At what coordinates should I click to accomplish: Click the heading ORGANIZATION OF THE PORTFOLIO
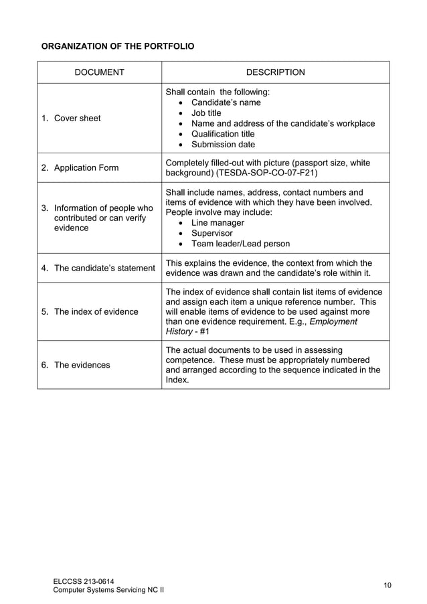tap(118, 48)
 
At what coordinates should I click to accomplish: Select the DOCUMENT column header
tap(99, 72)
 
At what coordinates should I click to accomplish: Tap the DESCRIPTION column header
tap(275, 72)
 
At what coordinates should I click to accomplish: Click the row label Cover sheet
tap(77, 119)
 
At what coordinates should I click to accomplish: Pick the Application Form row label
tap(86, 168)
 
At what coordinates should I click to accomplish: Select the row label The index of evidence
tap(96, 311)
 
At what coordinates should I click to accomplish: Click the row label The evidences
tap(82, 365)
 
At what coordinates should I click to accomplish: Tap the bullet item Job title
tap(206, 113)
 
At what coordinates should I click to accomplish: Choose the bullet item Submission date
tap(223, 144)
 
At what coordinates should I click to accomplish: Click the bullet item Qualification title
tap(223, 134)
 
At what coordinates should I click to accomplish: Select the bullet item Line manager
tap(218, 223)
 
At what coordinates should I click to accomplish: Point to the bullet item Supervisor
tap(211, 233)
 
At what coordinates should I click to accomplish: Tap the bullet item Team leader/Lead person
tap(240, 244)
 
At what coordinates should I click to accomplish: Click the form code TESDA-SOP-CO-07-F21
tap(264, 173)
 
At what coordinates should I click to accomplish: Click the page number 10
tap(388, 585)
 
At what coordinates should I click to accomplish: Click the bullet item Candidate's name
tap(226, 102)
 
